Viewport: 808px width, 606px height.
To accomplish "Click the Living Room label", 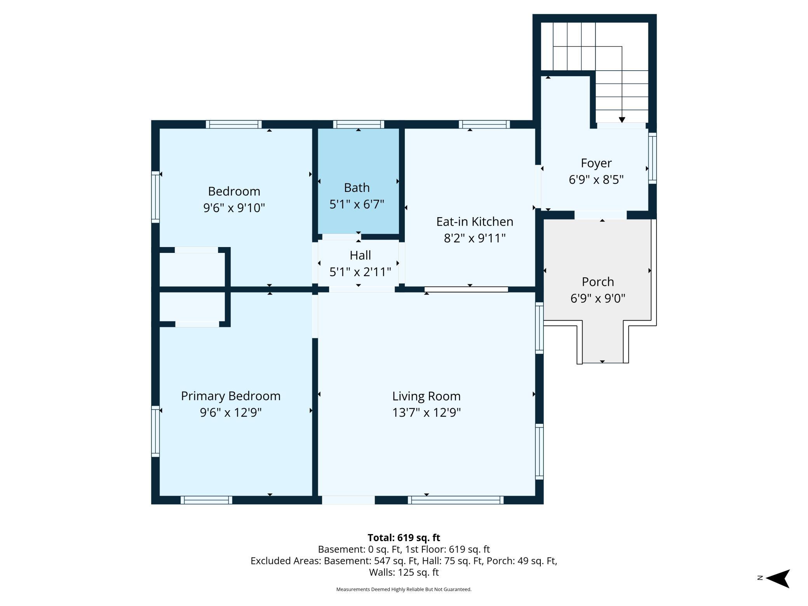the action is click(x=426, y=396).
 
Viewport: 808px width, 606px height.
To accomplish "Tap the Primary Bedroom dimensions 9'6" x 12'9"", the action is click(x=231, y=412).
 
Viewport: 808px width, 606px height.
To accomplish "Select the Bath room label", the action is click(x=357, y=188).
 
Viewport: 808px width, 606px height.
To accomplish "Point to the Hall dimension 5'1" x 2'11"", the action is click(x=360, y=272).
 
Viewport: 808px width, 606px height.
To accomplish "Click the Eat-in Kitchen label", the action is click(x=475, y=221).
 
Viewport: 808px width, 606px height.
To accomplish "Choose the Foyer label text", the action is click(x=596, y=163).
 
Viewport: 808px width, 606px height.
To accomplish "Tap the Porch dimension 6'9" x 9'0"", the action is click(x=598, y=298).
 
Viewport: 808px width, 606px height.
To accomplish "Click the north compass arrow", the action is click(x=778, y=578).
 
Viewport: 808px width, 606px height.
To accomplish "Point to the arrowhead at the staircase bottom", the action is click(x=622, y=120).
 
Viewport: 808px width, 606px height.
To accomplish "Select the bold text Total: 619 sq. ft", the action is click(x=404, y=538).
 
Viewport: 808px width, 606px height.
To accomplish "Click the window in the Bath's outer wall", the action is click(x=359, y=124).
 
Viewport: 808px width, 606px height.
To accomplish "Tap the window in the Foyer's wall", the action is click(x=653, y=158).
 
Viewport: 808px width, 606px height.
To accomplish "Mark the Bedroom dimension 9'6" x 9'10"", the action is click(x=234, y=208).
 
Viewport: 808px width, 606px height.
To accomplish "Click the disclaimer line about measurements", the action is click(x=404, y=589).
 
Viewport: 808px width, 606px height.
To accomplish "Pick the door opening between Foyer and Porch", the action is click(x=601, y=215).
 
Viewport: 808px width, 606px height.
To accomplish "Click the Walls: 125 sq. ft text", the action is click(x=404, y=572).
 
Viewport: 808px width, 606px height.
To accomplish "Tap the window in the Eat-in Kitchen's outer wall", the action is click(x=484, y=124).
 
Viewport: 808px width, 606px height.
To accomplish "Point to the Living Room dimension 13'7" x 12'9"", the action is click(x=426, y=412).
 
